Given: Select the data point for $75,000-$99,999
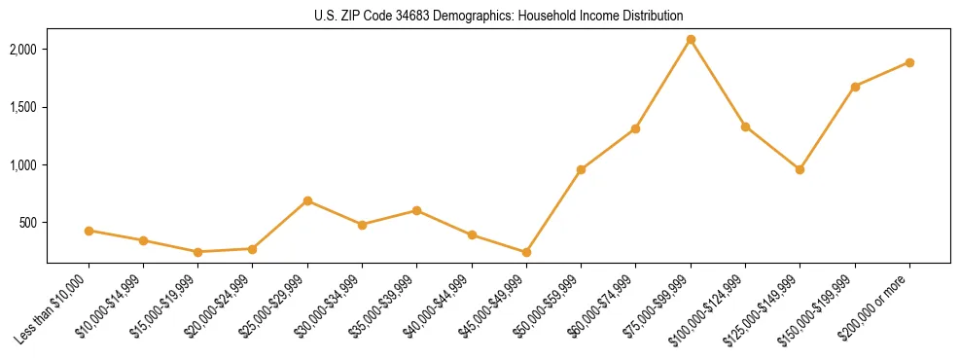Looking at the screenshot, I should (x=691, y=40).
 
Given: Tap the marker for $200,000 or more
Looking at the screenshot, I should (x=909, y=62).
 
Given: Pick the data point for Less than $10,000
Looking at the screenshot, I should (x=89, y=231).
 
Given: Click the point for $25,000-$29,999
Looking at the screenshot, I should (x=307, y=200).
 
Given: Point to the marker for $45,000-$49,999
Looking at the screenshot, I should (x=526, y=252).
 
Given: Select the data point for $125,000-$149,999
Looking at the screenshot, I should (x=800, y=169).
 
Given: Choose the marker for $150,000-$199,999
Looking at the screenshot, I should (x=855, y=87).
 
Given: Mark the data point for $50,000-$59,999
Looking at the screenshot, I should (x=581, y=169).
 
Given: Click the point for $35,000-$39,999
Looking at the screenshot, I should (x=416, y=210).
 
